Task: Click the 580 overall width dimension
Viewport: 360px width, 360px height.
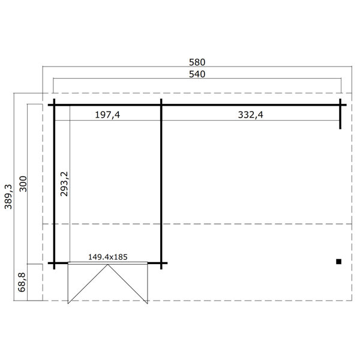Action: [197, 62]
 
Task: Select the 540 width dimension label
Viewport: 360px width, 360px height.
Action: [197, 74]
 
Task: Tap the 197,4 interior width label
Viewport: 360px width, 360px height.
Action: [107, 115]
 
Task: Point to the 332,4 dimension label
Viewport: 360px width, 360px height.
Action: [250, 115]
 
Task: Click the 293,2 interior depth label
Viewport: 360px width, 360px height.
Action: [64, 184]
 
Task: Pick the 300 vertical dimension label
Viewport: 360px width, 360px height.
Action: [23, 184]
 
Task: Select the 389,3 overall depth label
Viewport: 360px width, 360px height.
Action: [8, 197]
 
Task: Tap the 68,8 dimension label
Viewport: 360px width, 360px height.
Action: [22, 283]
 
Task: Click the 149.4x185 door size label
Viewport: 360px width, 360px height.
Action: [107, 257]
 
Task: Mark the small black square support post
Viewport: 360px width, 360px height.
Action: [338, 262]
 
